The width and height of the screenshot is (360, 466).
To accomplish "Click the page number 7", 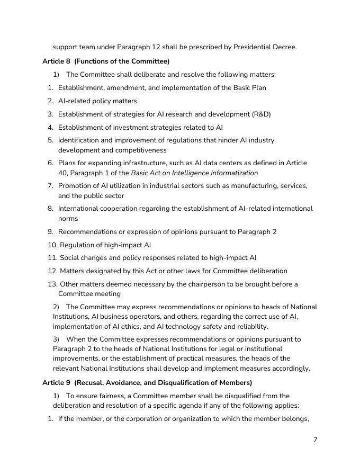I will tap(315, 440).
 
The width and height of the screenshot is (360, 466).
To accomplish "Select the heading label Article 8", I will tap(56, 61).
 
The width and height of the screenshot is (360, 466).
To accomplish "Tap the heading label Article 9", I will tap(56, 382).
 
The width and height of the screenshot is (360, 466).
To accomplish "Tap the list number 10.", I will tap(52, 245).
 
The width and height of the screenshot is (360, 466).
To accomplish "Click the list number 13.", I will tap(52, 284).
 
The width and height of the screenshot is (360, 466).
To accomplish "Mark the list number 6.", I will tap(50, 163).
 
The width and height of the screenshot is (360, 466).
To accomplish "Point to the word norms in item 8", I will tap(68, 218).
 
